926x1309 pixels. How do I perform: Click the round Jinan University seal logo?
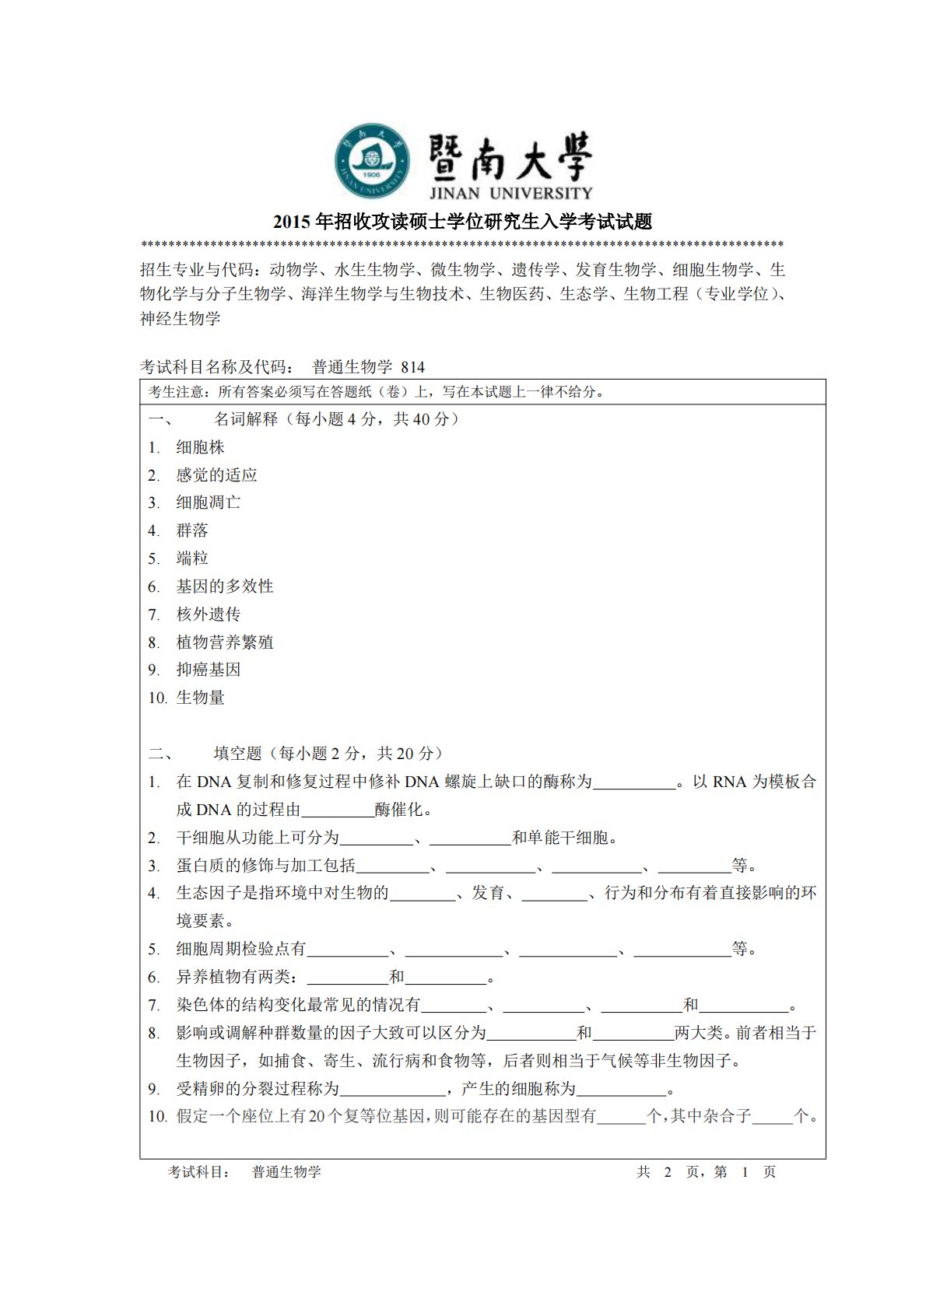[x=373, y=161]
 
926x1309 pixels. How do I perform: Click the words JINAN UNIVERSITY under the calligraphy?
[x=510, y=193]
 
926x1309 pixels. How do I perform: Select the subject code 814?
[x=413, y=367]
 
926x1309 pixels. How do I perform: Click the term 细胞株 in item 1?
[x=200, y=447]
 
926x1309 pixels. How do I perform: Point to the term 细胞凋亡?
[x=209, y=502]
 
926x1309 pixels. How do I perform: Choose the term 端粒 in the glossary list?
[x=192, y=558]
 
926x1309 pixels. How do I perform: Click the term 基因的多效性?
[x=225, y=586]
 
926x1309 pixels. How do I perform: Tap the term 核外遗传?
[x=209, y=614]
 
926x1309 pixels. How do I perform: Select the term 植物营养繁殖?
[x=225, y=642]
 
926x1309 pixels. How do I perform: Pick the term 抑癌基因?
[x=209, y=670]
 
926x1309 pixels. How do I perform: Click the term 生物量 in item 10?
[x=200, y=698]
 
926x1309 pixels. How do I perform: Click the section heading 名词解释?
[x=246, y=419]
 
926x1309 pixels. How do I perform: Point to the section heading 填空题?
[x=238, y=754]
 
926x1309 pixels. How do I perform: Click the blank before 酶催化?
[x=338, y=810]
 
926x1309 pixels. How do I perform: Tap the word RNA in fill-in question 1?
[x=729, y=782]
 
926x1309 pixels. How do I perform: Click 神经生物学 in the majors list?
[x=181, y=319]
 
